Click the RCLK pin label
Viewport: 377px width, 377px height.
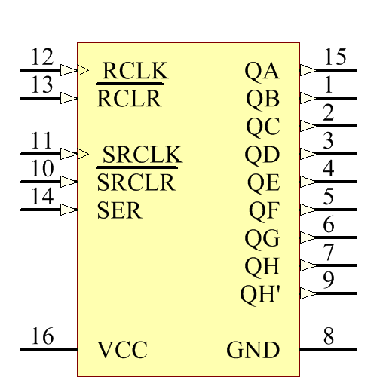[133, 70]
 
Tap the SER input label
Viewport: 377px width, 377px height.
[119, 210]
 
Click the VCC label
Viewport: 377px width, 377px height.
[122, 350]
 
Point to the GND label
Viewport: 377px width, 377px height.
[253, 350]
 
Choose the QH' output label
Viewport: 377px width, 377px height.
[260, 294]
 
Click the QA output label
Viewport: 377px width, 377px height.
[262, 71]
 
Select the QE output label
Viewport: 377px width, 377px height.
[263, 182]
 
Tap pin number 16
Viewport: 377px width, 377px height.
[42, 336]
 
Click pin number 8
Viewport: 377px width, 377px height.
[329, 336]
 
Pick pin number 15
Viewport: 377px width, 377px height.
[335, 57]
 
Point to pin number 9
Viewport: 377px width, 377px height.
[329, 280]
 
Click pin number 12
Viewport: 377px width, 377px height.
[42, 57]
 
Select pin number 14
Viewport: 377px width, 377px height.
[42, 196]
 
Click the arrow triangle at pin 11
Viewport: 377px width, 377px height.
[69, 154]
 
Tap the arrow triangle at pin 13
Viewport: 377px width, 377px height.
[69, 98]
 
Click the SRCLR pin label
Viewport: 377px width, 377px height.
[136, 182]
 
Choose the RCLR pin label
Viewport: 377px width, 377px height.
[129, 99]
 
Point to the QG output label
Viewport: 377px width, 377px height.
[262, 239]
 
